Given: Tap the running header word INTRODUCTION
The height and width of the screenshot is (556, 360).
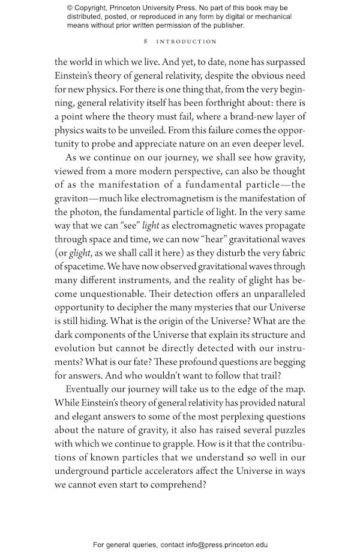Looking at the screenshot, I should [x=186, y=42].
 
